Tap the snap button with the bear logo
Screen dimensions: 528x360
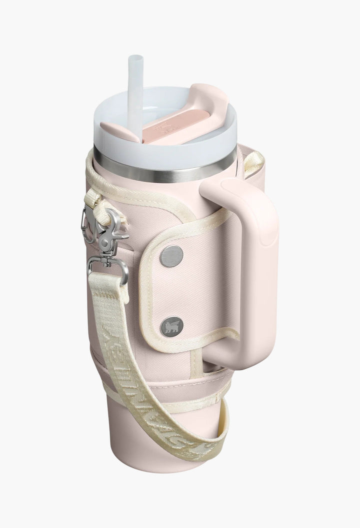[171, 327]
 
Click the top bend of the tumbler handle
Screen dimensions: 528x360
[235, 190]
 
